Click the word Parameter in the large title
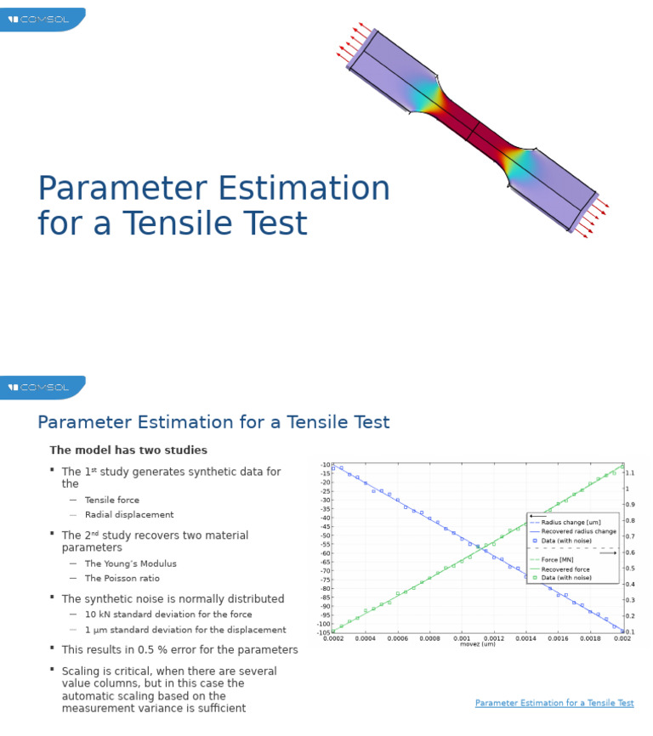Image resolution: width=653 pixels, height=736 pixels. [115, 189]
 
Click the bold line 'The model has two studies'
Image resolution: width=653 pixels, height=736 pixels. [128, 450]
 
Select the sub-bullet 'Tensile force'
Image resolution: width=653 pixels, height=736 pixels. [112, 501]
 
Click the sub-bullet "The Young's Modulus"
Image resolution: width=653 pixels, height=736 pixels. [131, 563]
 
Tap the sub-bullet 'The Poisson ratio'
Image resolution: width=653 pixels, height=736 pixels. [122, 579]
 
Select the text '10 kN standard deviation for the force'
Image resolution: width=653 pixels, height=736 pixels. [168, 614]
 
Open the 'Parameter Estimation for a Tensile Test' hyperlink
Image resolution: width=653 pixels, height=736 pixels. [554, 704]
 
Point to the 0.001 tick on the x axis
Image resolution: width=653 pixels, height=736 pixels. [462, 637]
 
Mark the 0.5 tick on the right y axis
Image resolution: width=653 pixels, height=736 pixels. [630, 569]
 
